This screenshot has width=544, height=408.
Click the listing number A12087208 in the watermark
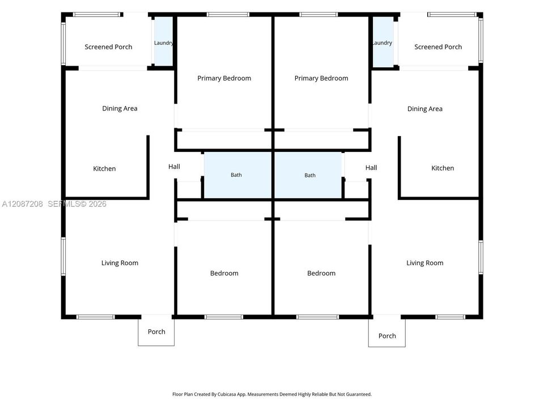(x=23, y=204)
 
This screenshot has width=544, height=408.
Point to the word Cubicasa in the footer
(x=227, y=394)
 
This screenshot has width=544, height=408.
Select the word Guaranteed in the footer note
(x=359, y=394)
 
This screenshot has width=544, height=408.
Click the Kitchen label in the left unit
(x=104, y=169)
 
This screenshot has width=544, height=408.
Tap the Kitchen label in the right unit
(x=443, y=168)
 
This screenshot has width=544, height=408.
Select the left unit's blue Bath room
(x=237, y=175)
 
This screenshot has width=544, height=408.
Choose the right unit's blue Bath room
(x=308, y=175)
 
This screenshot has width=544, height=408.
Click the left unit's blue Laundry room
(x=163, y=41)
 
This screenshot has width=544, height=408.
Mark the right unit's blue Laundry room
(x=383, y=41)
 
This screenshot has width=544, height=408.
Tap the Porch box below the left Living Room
(x=156, y=330)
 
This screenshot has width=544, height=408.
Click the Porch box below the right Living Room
(x=387, y=331)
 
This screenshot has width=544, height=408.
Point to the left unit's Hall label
(x=174, y=167)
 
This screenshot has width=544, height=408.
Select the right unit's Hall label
(x=371, y=168)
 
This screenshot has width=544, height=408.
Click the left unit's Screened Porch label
(x=109, y=47)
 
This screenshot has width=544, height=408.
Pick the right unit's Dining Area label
(x=425, y=109)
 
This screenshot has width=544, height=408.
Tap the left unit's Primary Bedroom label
(x=224, y=78)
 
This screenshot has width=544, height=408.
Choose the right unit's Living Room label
(x=425, y=263)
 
